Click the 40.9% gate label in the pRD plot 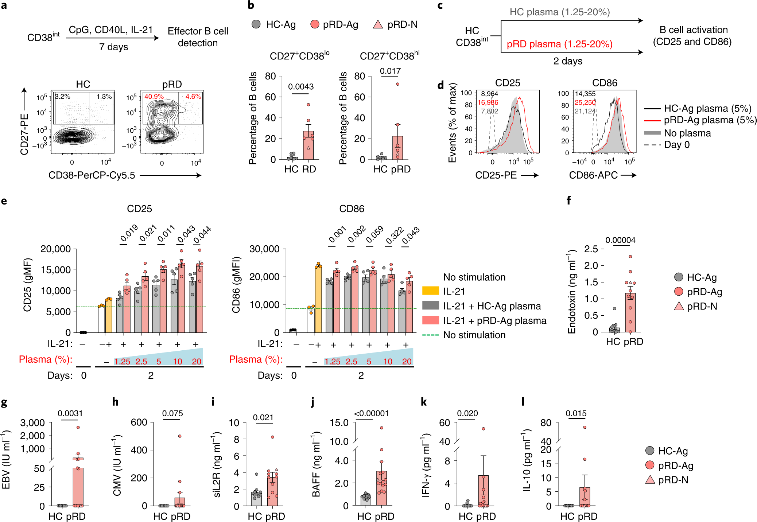154,97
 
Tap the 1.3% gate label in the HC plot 104,97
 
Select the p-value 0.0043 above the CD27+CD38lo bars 301,87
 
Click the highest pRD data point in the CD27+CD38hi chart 397,84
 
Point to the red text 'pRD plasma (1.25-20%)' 559,44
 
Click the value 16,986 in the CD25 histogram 488,102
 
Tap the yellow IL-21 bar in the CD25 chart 109,316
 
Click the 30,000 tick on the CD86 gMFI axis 264,249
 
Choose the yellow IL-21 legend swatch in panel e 430,291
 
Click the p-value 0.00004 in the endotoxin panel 620,240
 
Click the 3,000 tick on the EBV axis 32,423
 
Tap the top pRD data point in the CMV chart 179,436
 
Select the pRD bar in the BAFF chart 381,488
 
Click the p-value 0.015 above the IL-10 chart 576,413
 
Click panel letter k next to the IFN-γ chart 424,402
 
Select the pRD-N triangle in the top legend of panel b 378,24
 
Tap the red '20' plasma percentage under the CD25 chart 197,362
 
